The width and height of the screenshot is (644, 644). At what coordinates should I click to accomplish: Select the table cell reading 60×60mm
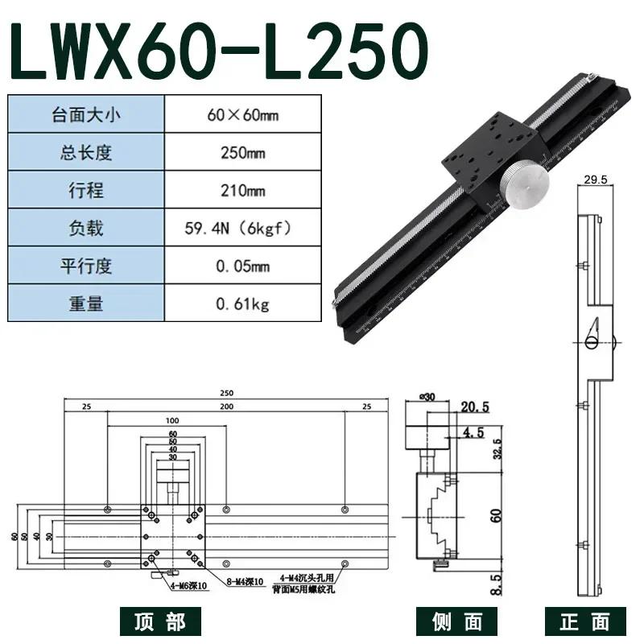pos(242,114)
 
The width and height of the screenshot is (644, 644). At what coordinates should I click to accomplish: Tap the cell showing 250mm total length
pos(242,152)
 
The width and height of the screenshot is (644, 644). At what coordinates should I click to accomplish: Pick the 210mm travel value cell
pos(242,190)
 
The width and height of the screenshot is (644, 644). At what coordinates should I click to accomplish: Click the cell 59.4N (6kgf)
pos(242,228)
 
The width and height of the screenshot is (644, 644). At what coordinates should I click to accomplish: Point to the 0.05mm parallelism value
pos(242,266)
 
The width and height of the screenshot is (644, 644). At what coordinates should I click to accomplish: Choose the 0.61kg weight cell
pos(242,303)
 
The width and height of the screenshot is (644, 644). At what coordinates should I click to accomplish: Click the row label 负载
pos(85,228)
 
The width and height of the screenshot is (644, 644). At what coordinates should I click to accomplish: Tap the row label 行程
pos(85,190)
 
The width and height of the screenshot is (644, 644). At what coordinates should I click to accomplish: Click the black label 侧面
pos(452,621)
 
